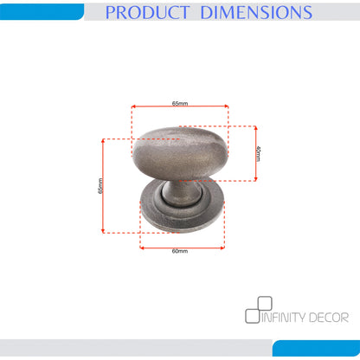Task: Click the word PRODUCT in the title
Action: click(x=147, y=12)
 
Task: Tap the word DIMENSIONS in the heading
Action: click(x=256, y=12)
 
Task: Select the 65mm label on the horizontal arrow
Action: click(x=180, y=103)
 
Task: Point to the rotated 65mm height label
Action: click(x=100, y=186)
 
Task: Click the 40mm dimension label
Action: click(x=259, y=153)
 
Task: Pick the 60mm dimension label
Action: click(x=180, y=251)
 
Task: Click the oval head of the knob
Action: click(x=180, y=153)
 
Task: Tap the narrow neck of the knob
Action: click(x=180, y=193)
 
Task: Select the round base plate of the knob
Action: click(x=183, y=218)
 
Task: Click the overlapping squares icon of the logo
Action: click(x=259, y=310)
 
